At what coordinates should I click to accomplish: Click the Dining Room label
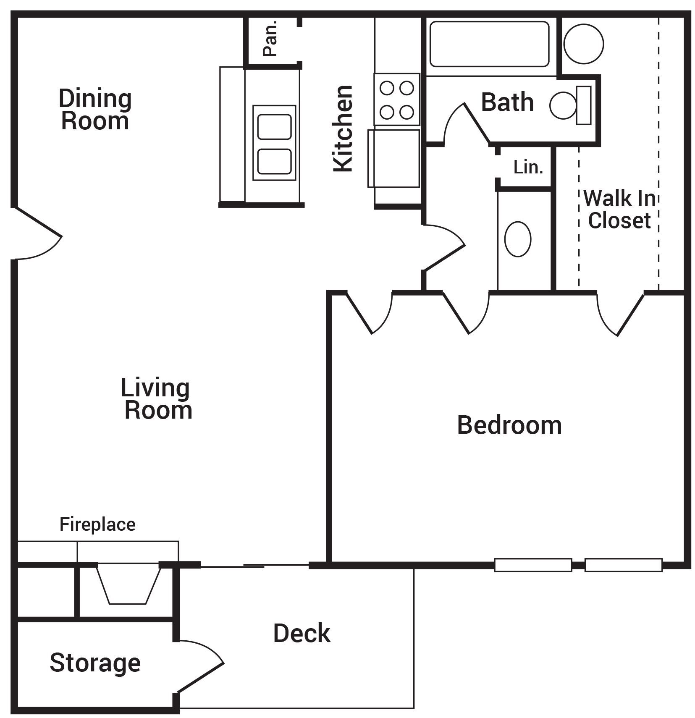coord(95,110)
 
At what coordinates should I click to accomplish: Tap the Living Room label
coord(156,399)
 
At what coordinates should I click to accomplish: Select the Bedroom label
coord(509,425)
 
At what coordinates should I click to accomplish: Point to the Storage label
coord(95,663)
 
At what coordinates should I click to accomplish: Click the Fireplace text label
coord(97,524)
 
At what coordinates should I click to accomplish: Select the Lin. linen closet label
coord(528,168)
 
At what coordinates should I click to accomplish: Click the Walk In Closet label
coord(619,209)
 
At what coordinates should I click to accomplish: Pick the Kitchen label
coord(343,128)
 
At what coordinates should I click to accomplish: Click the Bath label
coord(507,102)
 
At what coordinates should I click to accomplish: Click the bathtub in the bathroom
coord(489,44)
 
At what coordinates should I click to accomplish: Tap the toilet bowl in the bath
coord(563,105)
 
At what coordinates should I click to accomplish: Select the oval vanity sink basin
coord(517,239)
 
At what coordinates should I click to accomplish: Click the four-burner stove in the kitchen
coord(397,100)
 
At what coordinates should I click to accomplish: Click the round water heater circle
coord(583,44)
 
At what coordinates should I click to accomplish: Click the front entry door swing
coord(36,235)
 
